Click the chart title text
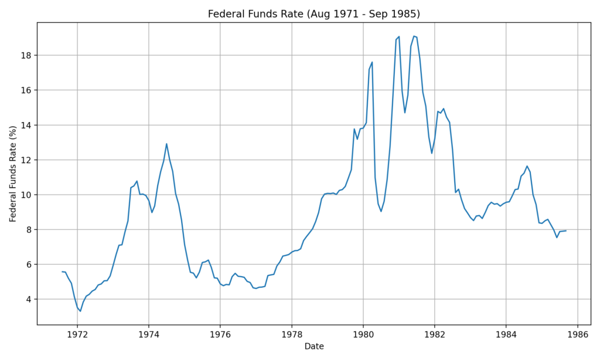313,14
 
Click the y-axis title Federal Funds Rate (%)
13,174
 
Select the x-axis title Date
313,347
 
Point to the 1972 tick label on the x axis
77,334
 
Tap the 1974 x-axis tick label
149,334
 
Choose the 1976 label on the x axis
220,334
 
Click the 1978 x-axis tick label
292,334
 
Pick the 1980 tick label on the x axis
363,334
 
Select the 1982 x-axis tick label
435,334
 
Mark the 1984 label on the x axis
506,334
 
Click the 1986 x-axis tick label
578,334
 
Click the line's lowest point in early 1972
80,311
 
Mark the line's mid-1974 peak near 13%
166,144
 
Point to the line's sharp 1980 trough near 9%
381,211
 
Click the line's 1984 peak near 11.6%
527,166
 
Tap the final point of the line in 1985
566,230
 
